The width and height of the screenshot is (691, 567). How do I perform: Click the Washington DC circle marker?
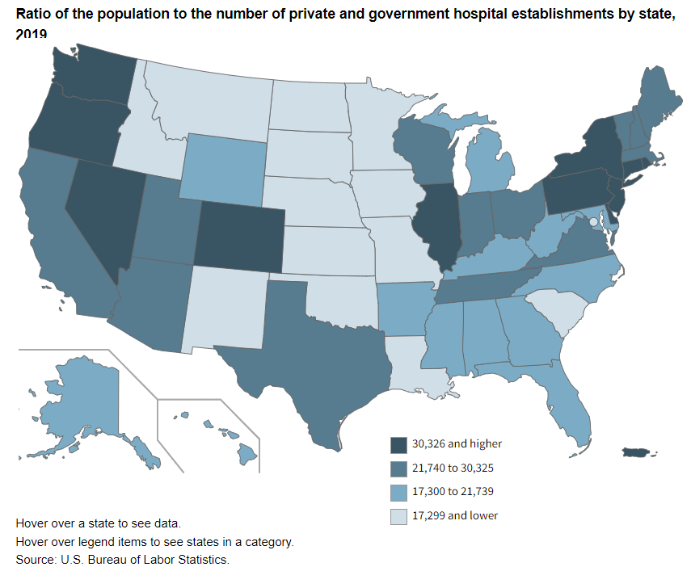pyautogui.click(x=593, y=221)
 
